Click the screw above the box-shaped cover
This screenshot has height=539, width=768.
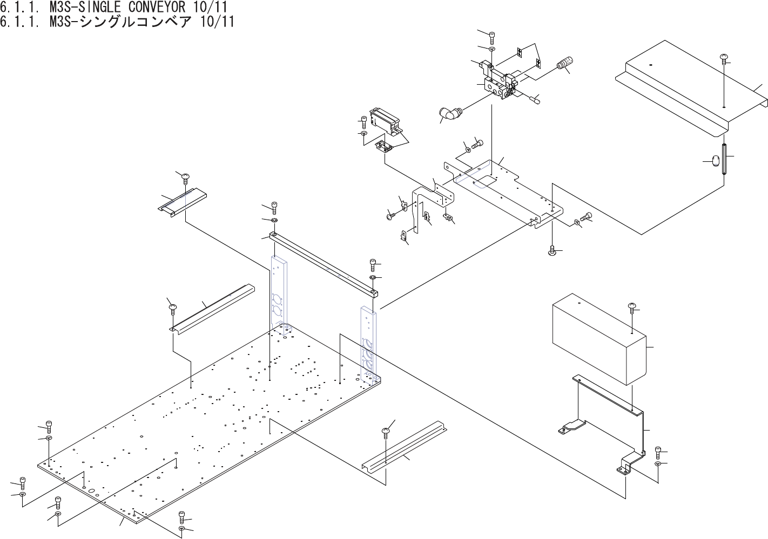[632, 308]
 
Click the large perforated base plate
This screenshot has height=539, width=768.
[205, 426]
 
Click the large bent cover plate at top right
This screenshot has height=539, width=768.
[691, 86]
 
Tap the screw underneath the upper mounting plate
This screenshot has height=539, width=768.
[552, 250]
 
